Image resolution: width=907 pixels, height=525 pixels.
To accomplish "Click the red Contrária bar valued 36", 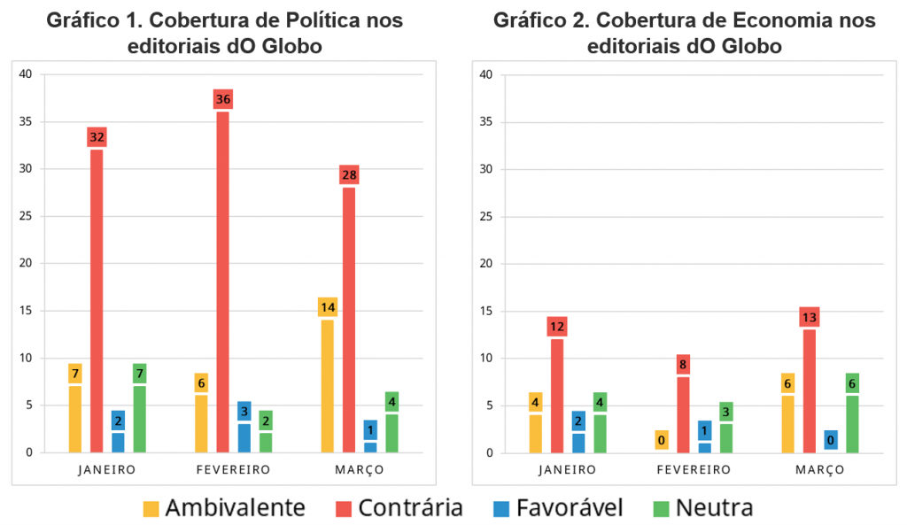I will [x=223, y=282].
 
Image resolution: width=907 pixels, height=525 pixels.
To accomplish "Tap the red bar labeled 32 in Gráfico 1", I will [x=97, y=301].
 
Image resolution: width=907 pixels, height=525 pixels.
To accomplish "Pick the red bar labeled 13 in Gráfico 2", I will [x=810, y=390].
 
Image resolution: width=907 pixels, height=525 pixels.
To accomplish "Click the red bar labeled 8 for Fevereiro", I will [x=683, y=414].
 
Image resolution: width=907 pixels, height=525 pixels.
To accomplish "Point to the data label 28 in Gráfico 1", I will [x=349, y=175].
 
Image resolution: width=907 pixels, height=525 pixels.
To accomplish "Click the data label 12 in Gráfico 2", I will [x=557, y=327].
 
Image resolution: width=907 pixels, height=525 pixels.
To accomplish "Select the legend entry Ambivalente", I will [x=224, y=508].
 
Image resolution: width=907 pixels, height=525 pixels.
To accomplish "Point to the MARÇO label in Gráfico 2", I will [x=819, y=470].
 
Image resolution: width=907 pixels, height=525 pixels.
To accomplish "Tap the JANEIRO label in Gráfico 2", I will [x=568, y=470].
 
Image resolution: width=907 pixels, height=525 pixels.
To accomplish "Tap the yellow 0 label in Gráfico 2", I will [x=662, y=440].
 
